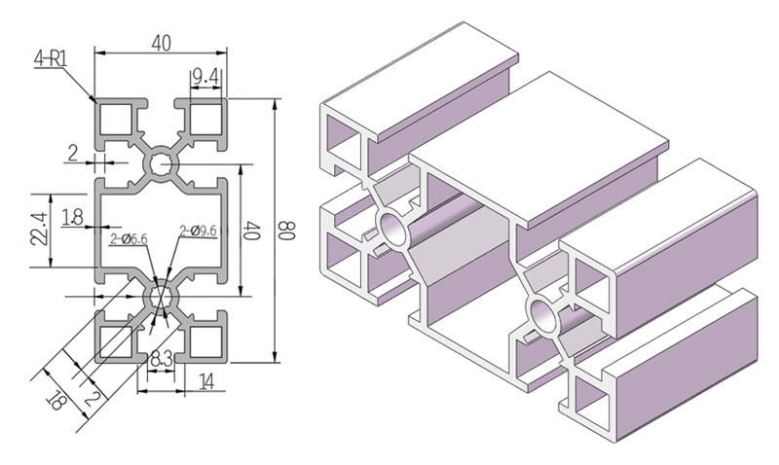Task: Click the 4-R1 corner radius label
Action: (50, 59)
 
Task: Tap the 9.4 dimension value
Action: (204, 75)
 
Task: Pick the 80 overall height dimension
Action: (286, 232)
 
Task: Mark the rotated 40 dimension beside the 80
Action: (251, 232)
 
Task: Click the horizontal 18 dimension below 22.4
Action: (72, 218)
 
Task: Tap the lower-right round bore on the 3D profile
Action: (541, 316)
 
